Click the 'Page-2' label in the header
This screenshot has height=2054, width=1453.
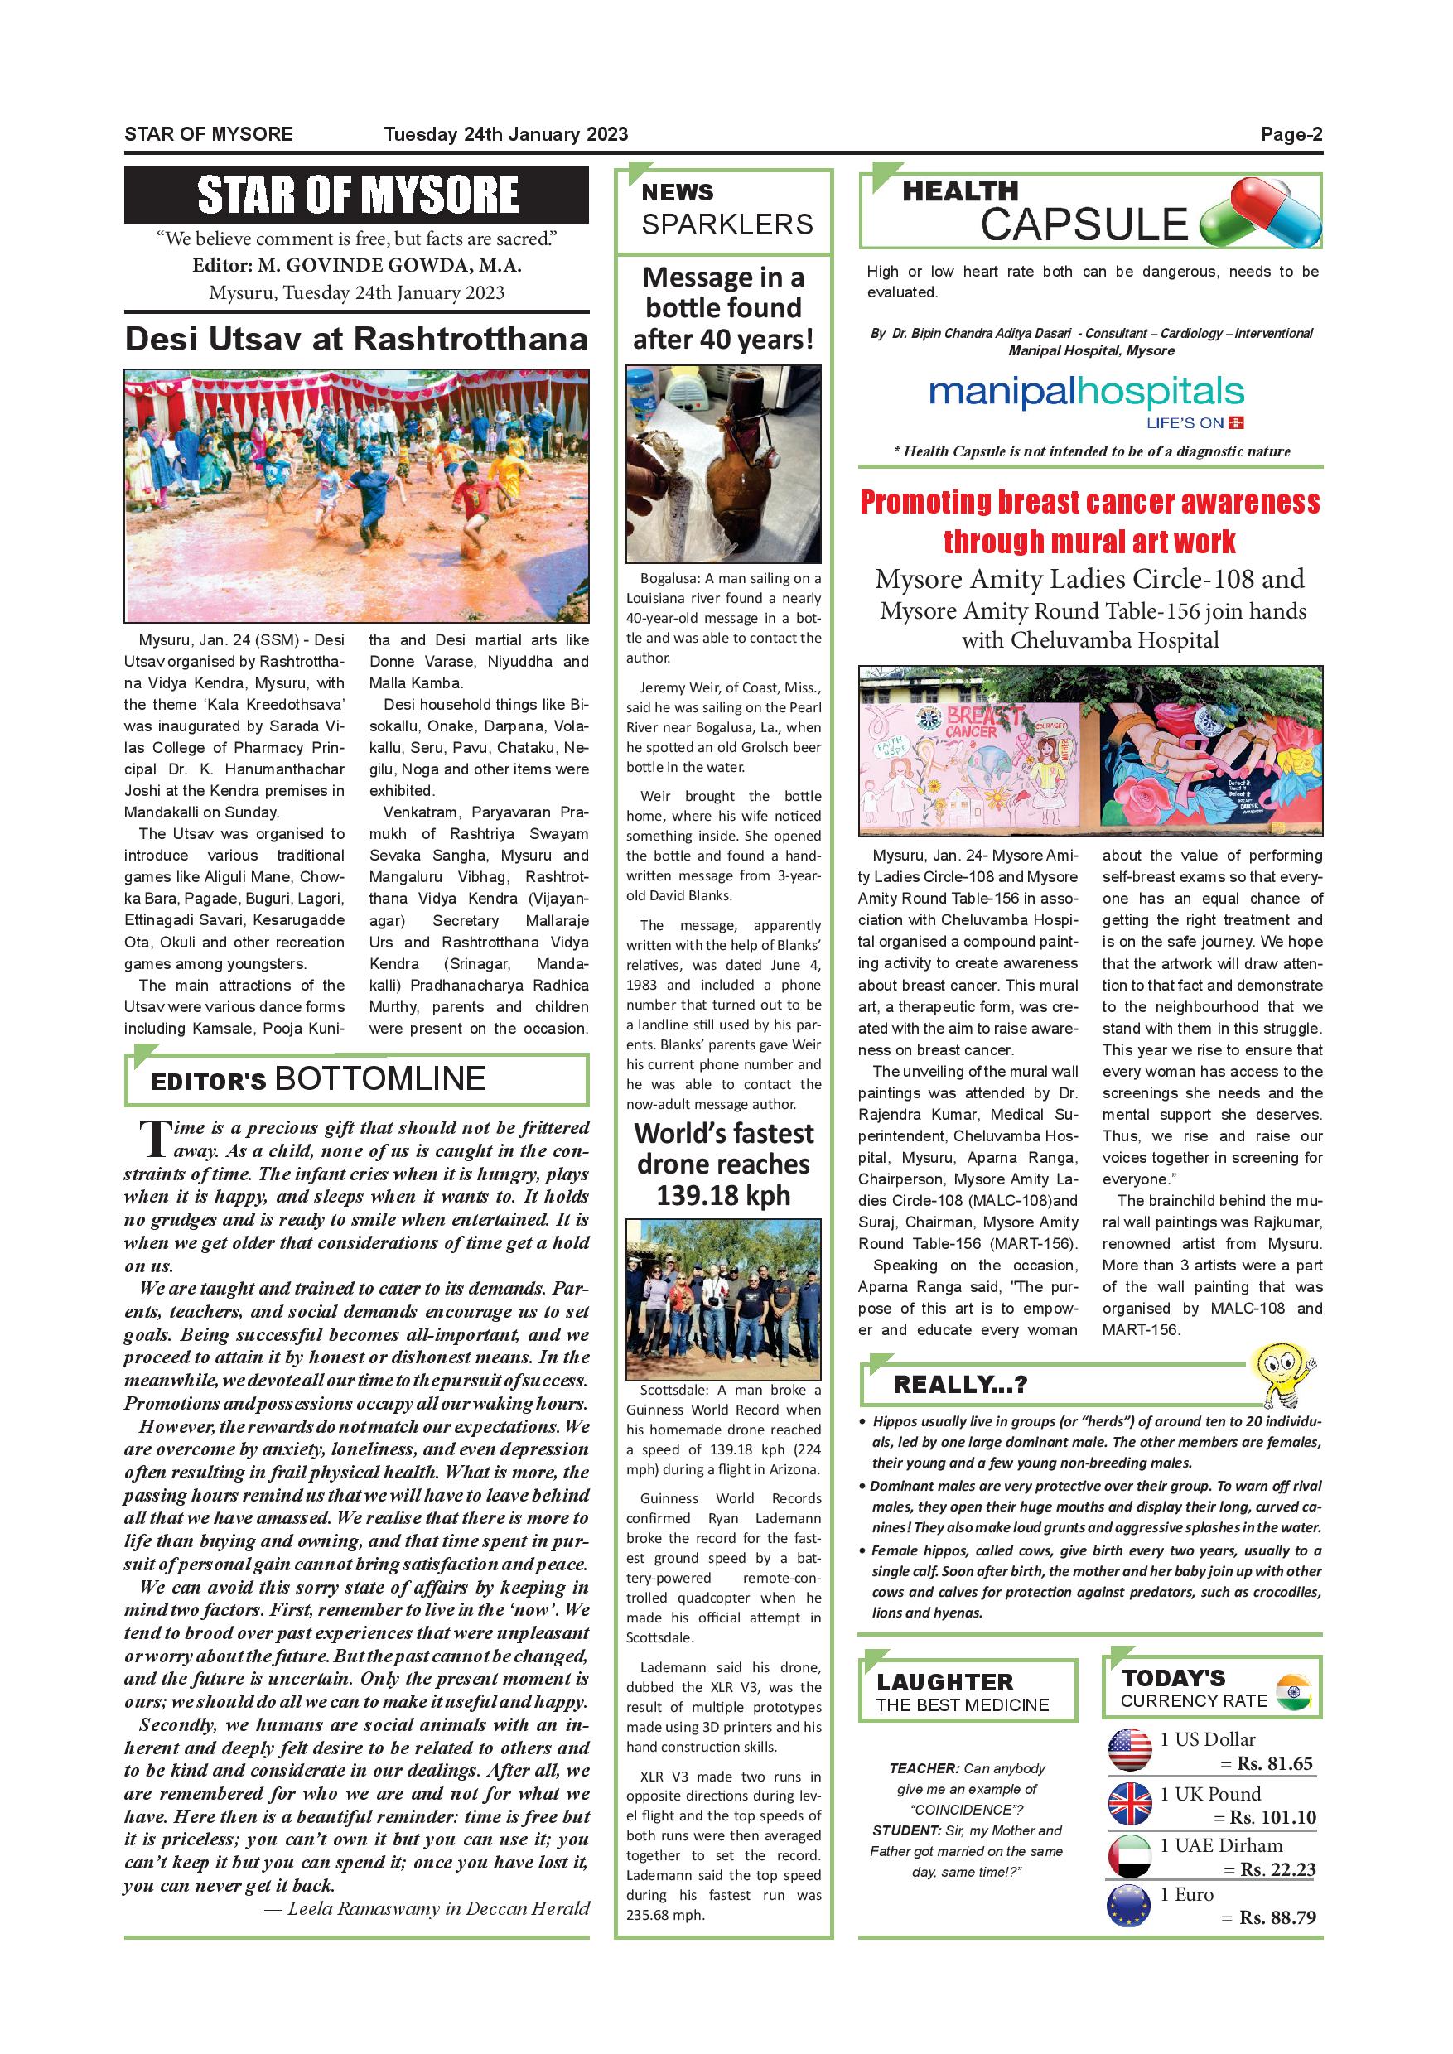[x=1291, y=135]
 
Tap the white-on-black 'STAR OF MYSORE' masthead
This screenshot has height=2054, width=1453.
[x=357, y=194]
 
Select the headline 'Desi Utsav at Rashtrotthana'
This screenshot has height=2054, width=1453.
[x=356, y=339]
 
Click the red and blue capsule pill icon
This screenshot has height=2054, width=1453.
[x=1261, y=213]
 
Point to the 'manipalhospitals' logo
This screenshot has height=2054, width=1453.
[x=1086, y=393]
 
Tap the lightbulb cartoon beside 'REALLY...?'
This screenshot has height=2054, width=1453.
[x=1283, y=1372]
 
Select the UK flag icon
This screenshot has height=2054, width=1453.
[x=1129, y=1805]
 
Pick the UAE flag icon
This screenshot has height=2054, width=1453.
[x=1129, y=1856]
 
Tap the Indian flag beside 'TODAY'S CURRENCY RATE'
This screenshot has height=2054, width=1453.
[x=1293, y=1693]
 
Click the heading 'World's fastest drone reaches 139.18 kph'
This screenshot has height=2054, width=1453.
[x=724, y=1164]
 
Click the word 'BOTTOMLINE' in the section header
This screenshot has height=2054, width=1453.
[x=380, y=1080]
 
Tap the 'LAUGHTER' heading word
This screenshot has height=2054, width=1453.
[x=945, y=1682]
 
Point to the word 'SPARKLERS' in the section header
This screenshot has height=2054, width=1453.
[x=726, y=224]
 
